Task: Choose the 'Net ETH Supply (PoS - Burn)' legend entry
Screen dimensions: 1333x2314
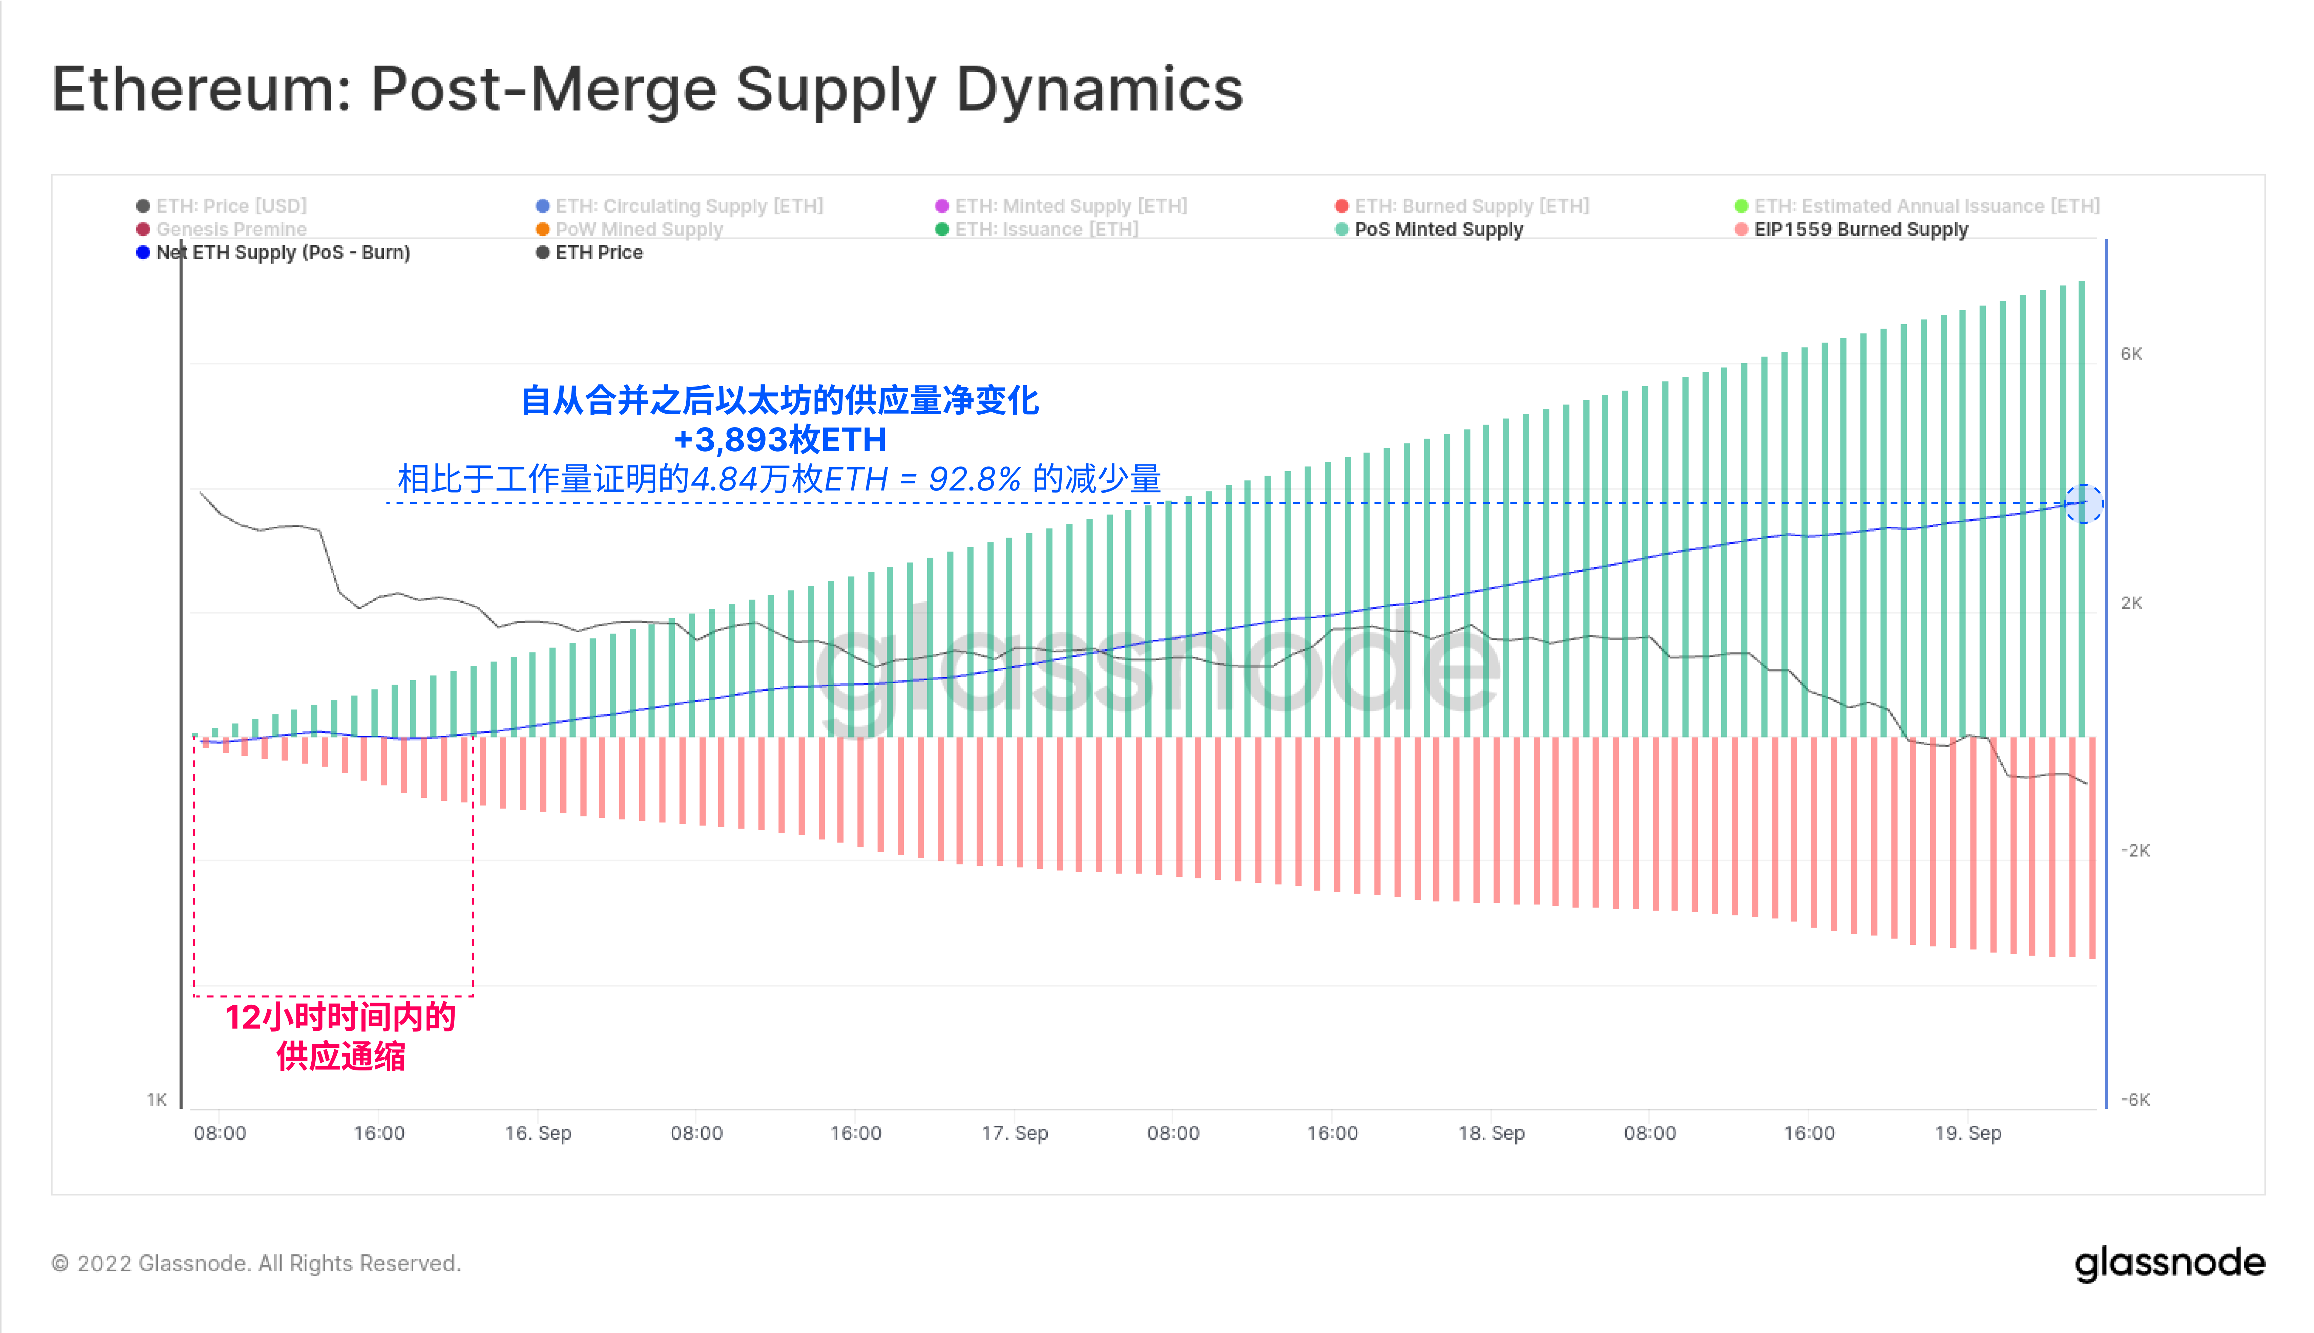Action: coord(282,253)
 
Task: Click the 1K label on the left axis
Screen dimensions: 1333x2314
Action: coord(157,1100)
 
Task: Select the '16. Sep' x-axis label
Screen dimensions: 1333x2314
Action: coord(538,1133)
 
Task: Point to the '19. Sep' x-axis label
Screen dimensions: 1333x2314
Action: coord(1968,1133)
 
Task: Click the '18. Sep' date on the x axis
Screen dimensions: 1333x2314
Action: coord(1491,1133)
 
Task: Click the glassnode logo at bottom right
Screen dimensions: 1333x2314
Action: coord(2169,1264)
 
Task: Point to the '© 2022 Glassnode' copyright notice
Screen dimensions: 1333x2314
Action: coord(256,1264)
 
